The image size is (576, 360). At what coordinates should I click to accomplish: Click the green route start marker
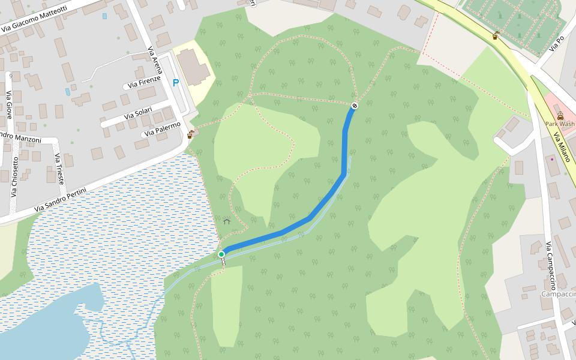(221, 254)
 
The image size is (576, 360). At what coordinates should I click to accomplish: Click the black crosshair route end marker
(355, 106)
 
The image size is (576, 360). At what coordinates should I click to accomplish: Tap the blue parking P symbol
(176, 83)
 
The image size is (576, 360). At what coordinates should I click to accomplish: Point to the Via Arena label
(155, 60)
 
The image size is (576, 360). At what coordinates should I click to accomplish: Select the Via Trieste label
(59, 169)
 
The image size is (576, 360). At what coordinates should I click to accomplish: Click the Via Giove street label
(9, 104)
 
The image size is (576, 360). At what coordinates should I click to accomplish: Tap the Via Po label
(556, 43)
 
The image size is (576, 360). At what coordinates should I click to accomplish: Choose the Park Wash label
(559, 124)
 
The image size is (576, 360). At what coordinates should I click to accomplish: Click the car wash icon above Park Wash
(560, 116)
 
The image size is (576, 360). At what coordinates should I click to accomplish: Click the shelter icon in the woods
(227, 221)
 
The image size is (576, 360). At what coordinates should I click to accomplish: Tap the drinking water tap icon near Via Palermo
(190, 135)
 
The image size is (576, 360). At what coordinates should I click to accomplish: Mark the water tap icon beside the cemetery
(496, 36)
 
